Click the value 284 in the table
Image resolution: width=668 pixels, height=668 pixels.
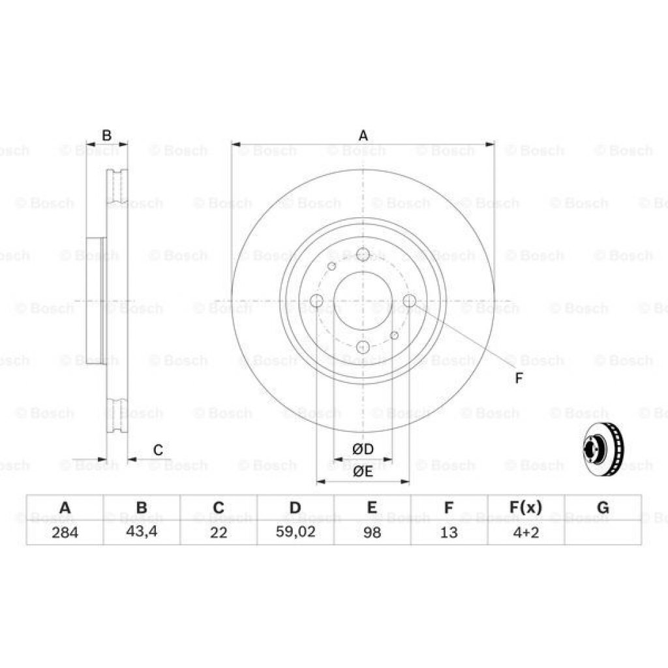pyautogui.click(x=65, y=532)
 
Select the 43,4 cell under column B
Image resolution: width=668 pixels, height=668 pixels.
pyautogui.click(x=142, y=532)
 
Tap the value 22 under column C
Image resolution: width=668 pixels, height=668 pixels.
pyautogui.click(x=219, y=532)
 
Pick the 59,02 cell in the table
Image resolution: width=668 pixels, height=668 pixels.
pyautogui.click(x=296, y=532)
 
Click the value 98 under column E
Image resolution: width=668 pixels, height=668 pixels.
pyautogui.click(x=372, y=532)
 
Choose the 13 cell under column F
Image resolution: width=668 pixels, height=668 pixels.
pyautogui.click(x=449, y=532)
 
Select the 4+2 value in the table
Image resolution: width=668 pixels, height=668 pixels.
pyautogui.click(x=525, y=532)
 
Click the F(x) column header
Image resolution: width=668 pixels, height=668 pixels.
pyautogui.click(x=525, y=508)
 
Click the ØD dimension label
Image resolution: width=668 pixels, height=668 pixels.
pyautogui.click(x=363, y=449)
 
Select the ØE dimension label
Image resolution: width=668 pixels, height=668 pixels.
pyautogui.click(x=363, y=472)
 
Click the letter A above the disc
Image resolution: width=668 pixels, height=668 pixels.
pyautogui.click(x=363, y=136)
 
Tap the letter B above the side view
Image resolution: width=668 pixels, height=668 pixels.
pyautogui.click(x=107, y=136)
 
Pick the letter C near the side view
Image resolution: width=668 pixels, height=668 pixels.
pyautogui.click(x=157, y=449)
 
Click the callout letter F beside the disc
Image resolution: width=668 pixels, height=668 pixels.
pyautogui.click(x=519, y=378)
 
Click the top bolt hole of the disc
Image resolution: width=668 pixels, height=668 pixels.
pyautogui.click(x=363, y=254)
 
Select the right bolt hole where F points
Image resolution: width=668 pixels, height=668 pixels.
pyautogui.click(x=410, y=300)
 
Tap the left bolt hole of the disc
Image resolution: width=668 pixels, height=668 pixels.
pyautogui.click(x=317, y=301)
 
